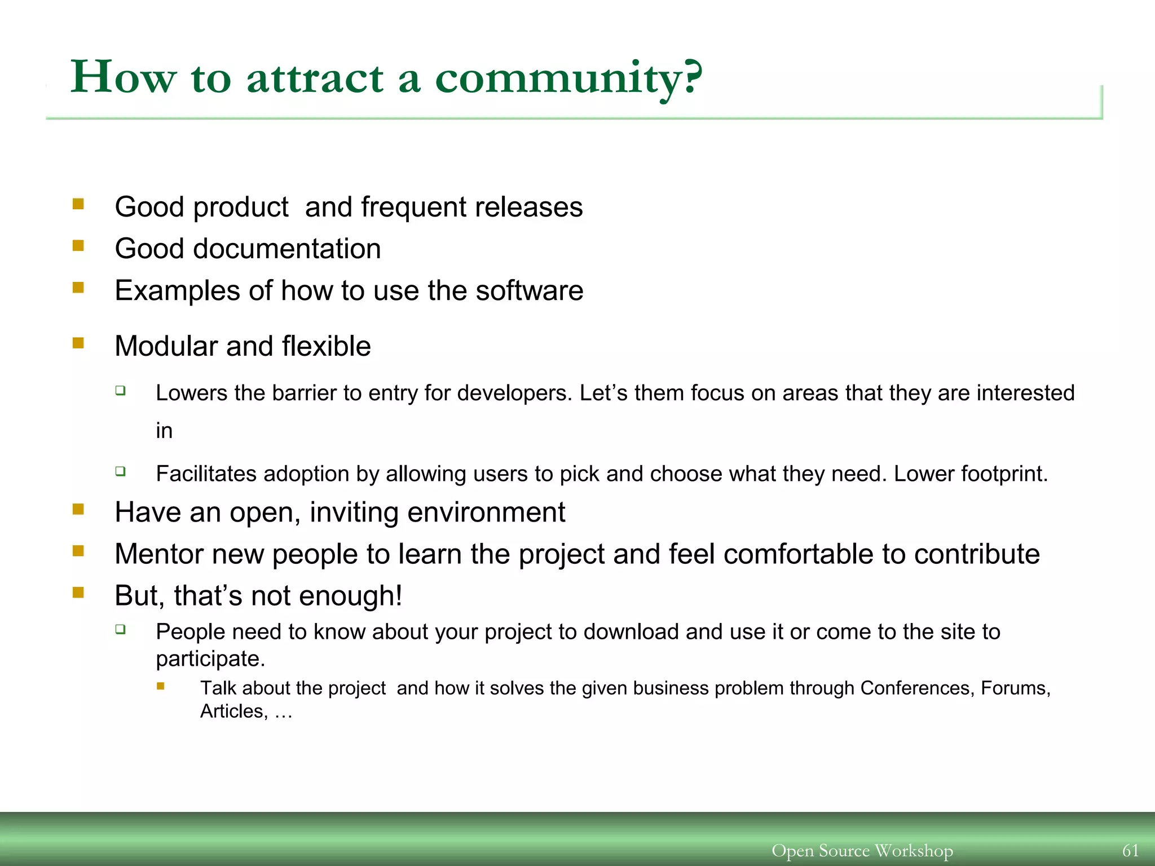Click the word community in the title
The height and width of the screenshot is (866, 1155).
558,79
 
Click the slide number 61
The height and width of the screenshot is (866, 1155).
1130,850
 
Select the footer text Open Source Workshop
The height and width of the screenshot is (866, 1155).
862,850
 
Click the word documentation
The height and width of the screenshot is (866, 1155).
286,249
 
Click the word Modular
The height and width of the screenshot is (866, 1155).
166,346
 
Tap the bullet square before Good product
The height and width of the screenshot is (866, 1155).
78,204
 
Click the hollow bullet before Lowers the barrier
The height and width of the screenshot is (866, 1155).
121,390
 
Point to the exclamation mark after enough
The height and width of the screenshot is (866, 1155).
399,596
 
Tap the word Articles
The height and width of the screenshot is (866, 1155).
232,712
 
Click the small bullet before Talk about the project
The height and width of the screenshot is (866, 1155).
161,686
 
